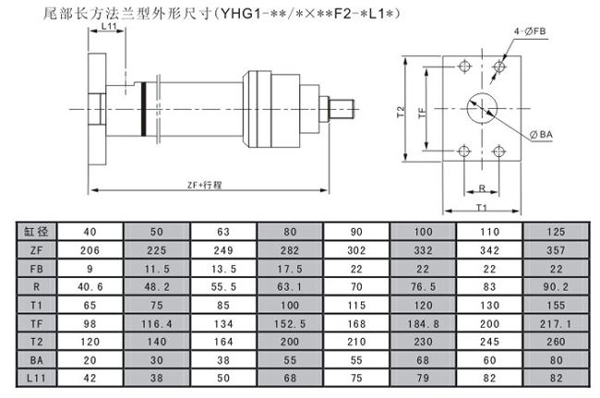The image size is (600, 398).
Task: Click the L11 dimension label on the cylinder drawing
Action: point(108,29)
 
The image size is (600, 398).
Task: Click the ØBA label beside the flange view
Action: point(542,136)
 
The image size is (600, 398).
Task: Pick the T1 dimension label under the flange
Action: point(481,208)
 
